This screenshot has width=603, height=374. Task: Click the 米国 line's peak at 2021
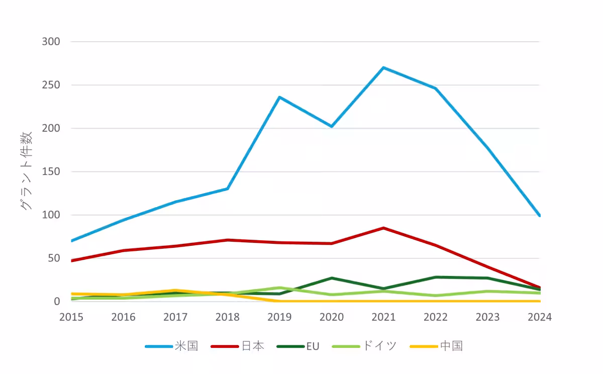[383, 67]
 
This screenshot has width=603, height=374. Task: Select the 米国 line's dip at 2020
[332, 126]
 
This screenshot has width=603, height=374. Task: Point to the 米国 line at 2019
[279, 97]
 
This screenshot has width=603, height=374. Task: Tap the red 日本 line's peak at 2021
[383, 228]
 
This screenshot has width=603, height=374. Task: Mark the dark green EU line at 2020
[332, 278]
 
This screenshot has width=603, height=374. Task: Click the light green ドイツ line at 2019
[279, 288]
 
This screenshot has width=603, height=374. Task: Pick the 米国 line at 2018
[228, 189]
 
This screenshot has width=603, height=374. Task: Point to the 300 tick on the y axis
[50, 42]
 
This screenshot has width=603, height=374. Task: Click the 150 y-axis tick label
[50, 172]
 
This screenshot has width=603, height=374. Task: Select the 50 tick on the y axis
[53, 258]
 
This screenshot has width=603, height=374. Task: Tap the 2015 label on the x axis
[71, 317]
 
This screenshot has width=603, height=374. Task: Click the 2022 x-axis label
[435, 317]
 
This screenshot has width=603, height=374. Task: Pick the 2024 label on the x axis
[539, 317]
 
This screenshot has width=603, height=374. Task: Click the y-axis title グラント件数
[26, 171]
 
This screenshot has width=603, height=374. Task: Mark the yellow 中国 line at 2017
[175, 291]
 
